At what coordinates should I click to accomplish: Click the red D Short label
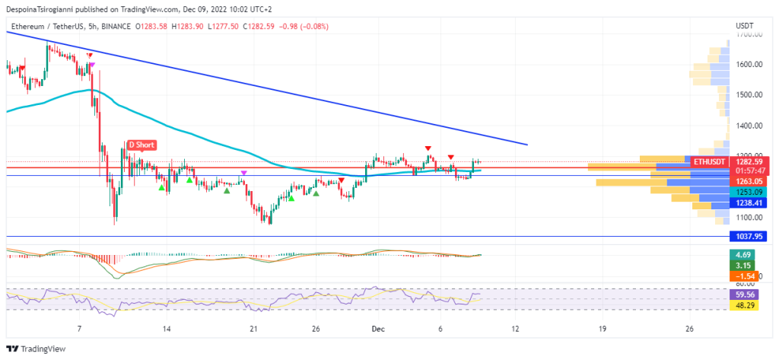click(142, 145)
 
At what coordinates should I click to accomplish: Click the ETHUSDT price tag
click(708, 161)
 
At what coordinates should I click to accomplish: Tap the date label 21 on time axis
click(254, 329)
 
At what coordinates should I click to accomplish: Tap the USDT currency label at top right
click(745, 26)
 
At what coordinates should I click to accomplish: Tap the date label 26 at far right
click(690, 329)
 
